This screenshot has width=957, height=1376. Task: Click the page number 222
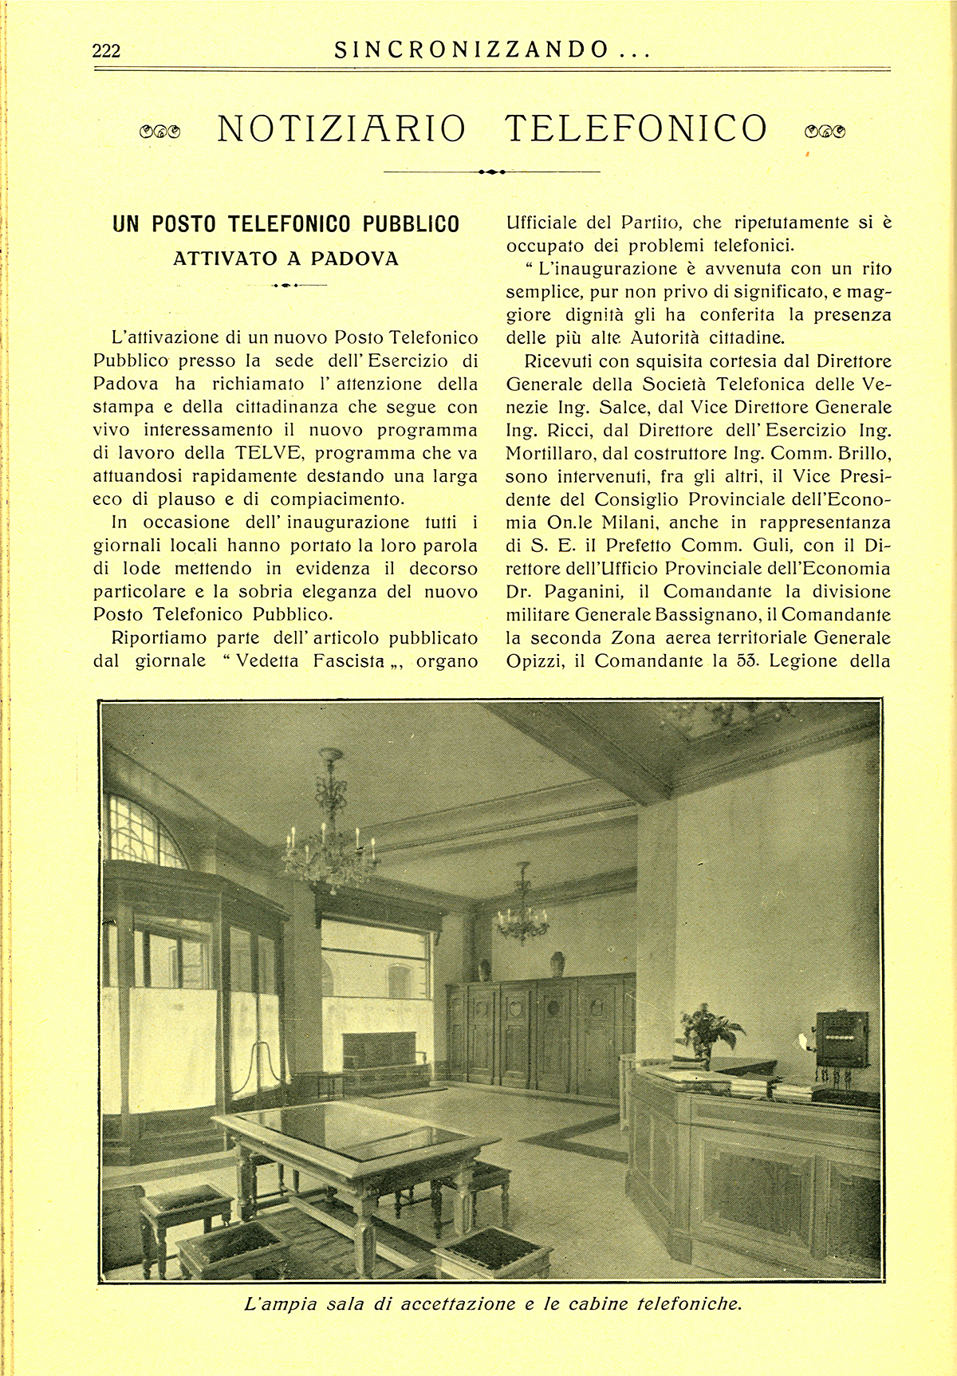[x=107, y=51]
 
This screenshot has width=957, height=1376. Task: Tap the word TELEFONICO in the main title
[x=636, y=128]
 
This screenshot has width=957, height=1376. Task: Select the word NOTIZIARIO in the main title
[x=341, y=128]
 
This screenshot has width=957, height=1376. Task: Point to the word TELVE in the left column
[x=270, y=454]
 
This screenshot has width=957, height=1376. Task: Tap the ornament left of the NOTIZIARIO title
[x=159, y=131]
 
